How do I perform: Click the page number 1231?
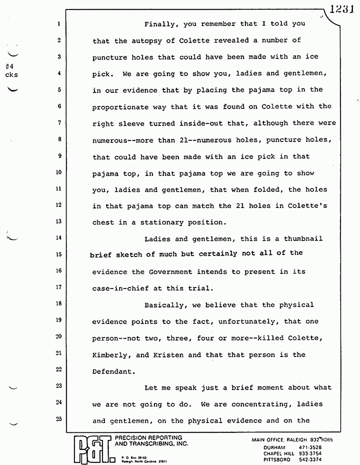click(342, 10)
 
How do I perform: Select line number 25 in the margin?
click(59, 420)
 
